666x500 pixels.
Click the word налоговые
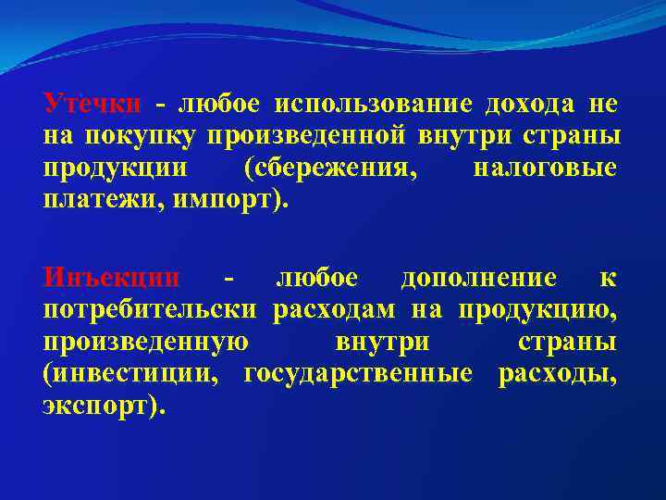click(545, 169)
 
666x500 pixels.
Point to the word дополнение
click(478, 278)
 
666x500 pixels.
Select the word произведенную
click(145, 342)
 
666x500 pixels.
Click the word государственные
click(358, 374)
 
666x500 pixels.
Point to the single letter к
click(610, 278)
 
